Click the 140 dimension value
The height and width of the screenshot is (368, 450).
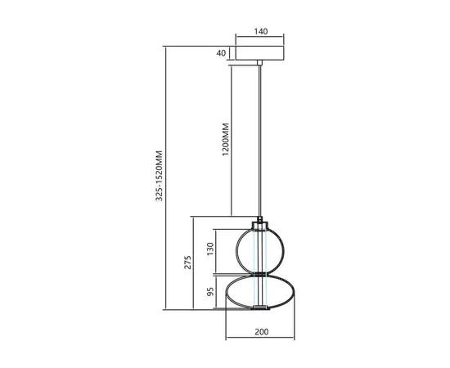tap(261, 33)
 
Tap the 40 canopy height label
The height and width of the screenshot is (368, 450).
tap(220, 53)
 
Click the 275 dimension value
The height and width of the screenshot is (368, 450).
tap(187, 263)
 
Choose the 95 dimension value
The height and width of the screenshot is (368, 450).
tap(210, 291)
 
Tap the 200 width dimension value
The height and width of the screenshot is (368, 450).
tap(261, 332)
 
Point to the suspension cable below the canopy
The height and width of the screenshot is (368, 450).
tap(261, 139)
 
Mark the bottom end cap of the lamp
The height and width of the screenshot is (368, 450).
tap(261, 308)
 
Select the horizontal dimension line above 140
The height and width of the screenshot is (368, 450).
tap(261, 42)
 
